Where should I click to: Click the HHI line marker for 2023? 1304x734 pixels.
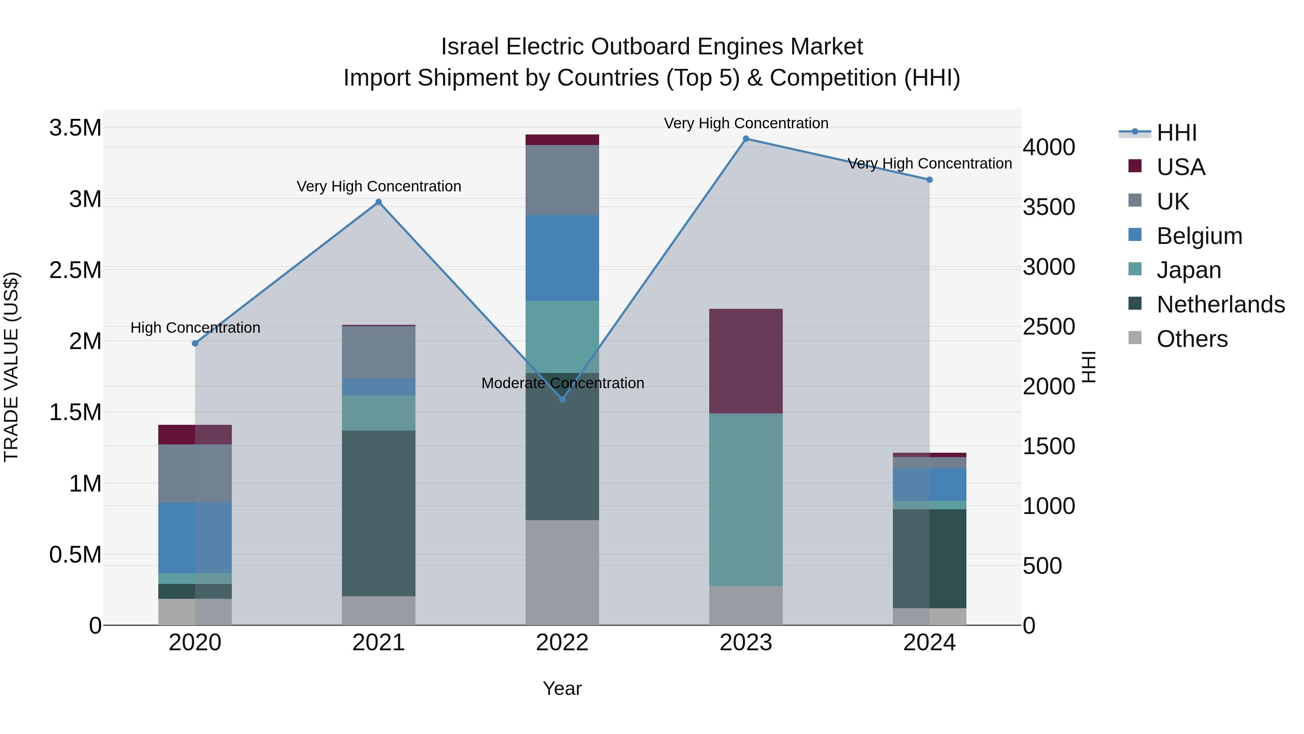point(746,139)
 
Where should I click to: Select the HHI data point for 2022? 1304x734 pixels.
point(562,399)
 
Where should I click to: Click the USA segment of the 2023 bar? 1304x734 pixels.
point(746,361)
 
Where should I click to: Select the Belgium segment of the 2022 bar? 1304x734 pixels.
point(562,257)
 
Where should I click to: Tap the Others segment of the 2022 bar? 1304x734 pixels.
point(562,572)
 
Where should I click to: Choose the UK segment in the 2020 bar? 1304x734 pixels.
point(195,473)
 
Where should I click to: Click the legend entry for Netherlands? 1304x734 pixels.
point(1220,304)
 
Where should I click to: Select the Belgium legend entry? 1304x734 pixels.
point(1199,236)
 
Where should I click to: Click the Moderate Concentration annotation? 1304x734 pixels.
point(563,383)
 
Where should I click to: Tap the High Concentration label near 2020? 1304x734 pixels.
point(195,328)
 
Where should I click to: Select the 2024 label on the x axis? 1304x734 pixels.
point(929,643)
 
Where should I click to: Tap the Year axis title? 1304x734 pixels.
point(562,688)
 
